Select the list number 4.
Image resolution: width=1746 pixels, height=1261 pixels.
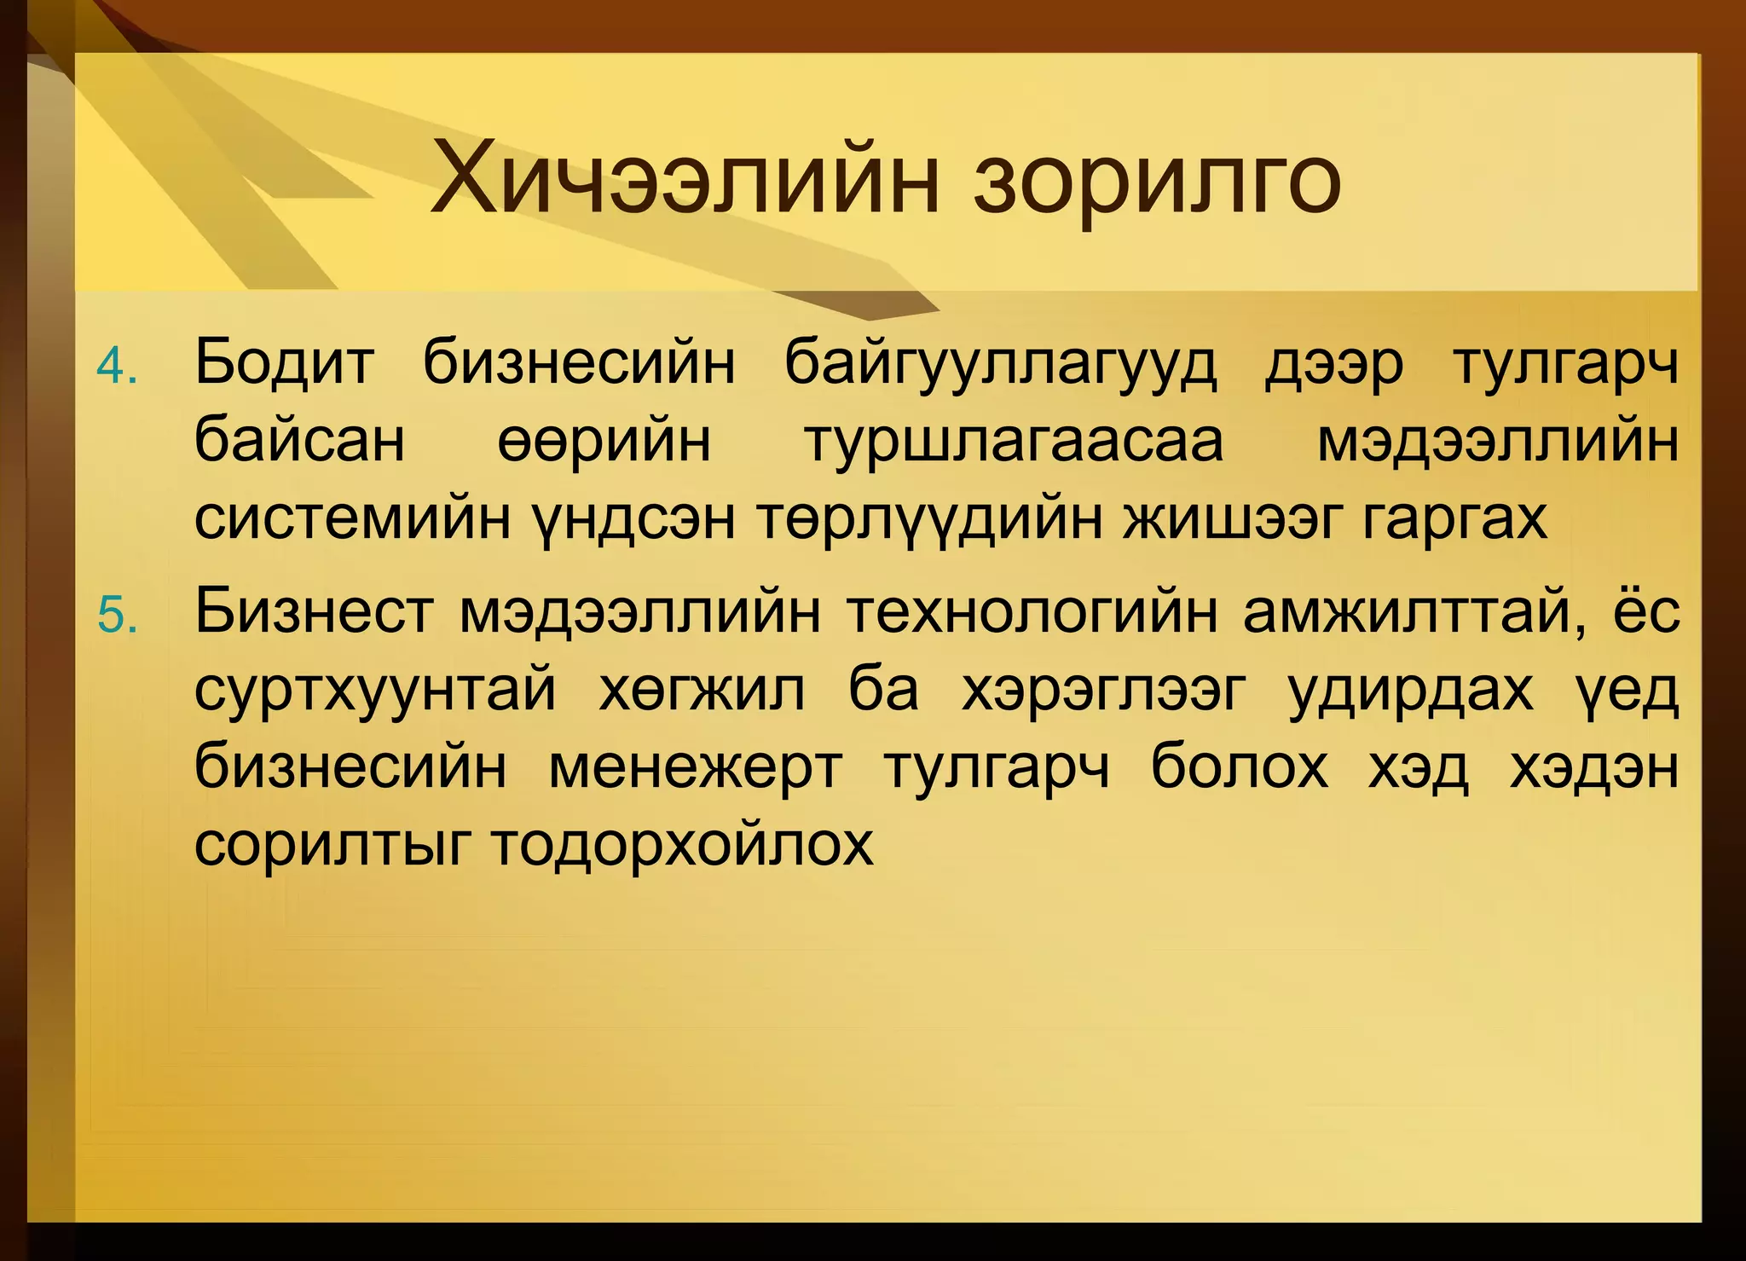pyautogui.click(x=117, y=367)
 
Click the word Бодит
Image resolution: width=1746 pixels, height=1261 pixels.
pyautogui.click(x=284, y=363)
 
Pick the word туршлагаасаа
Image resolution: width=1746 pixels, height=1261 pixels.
pyautogui.click(x=1015, y=442)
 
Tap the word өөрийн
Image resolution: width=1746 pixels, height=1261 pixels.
pyautogui.click(x=604, y=442)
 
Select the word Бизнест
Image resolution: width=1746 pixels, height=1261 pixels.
pyautogui.click(x=314, y=611)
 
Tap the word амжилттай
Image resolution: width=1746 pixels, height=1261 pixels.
pyautogui.click(x=1415, y=613)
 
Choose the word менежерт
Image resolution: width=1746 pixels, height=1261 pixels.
pyautogui.click(x=695, y=767)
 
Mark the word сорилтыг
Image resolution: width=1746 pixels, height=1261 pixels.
pyautogui.click(x=332, y=846)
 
